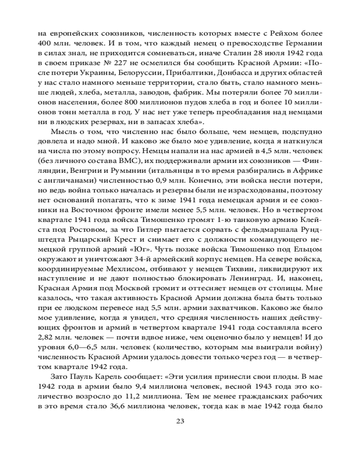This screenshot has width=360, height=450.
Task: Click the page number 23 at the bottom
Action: [x=180, y=421]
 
